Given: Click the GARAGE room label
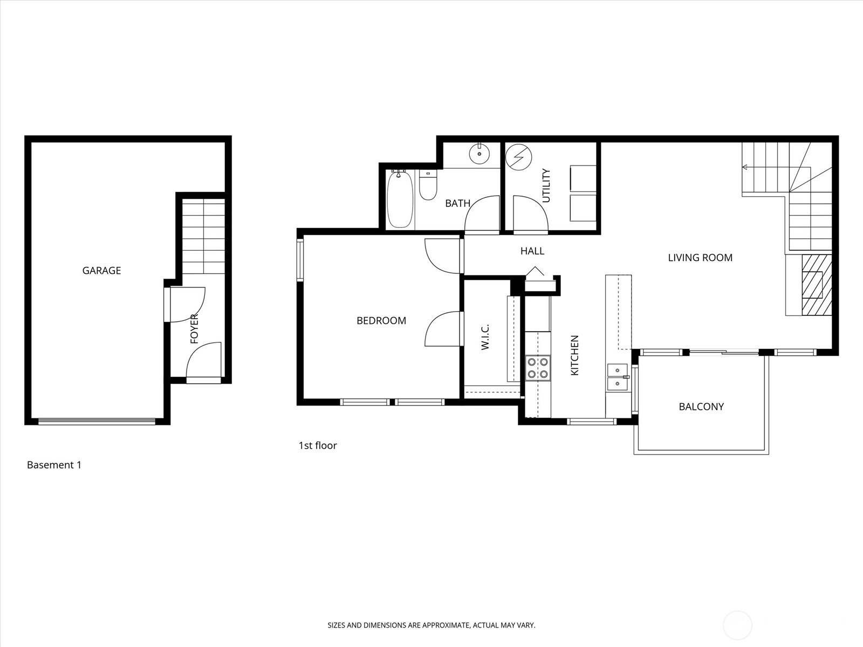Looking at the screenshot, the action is point(101,270).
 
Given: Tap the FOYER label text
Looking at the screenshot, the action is point(194,329).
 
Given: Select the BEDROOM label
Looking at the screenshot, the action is point(381,321).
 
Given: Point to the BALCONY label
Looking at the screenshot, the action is point(701,407).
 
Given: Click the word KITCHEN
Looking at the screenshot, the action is point(574,355).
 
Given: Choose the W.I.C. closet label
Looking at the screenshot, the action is point(485,336).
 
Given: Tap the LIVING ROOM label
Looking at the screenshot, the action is point(700,258).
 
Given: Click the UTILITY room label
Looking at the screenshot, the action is point(546,185).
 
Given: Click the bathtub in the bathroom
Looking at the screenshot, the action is point(400,199).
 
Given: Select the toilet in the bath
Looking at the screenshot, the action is point(428,185).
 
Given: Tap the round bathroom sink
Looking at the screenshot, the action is point(480,154).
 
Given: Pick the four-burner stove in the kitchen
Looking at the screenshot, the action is point(538,368).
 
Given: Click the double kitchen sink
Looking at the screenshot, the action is point(618,377).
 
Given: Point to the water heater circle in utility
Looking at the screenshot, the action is point(518,157).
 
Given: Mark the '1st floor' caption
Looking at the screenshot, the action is point(318,445).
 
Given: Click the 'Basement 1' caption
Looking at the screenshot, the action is point(54,465).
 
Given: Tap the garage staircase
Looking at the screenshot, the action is point(204,237).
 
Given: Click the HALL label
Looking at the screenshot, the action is point(532,251).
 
